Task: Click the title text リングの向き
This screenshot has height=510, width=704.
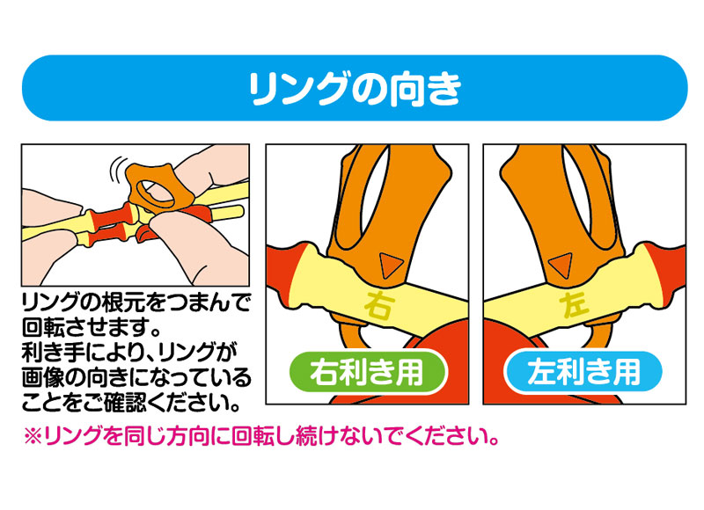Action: (x=355, y=88)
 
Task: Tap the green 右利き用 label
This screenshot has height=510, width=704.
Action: (x=367, y=373)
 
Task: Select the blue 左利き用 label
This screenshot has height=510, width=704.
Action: (x=583, y=373)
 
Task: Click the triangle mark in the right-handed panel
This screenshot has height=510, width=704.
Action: (x=390, y=265)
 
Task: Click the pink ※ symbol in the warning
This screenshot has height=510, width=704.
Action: (x=33, y=435)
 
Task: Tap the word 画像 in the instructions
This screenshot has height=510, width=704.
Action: (x=43, y=378)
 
